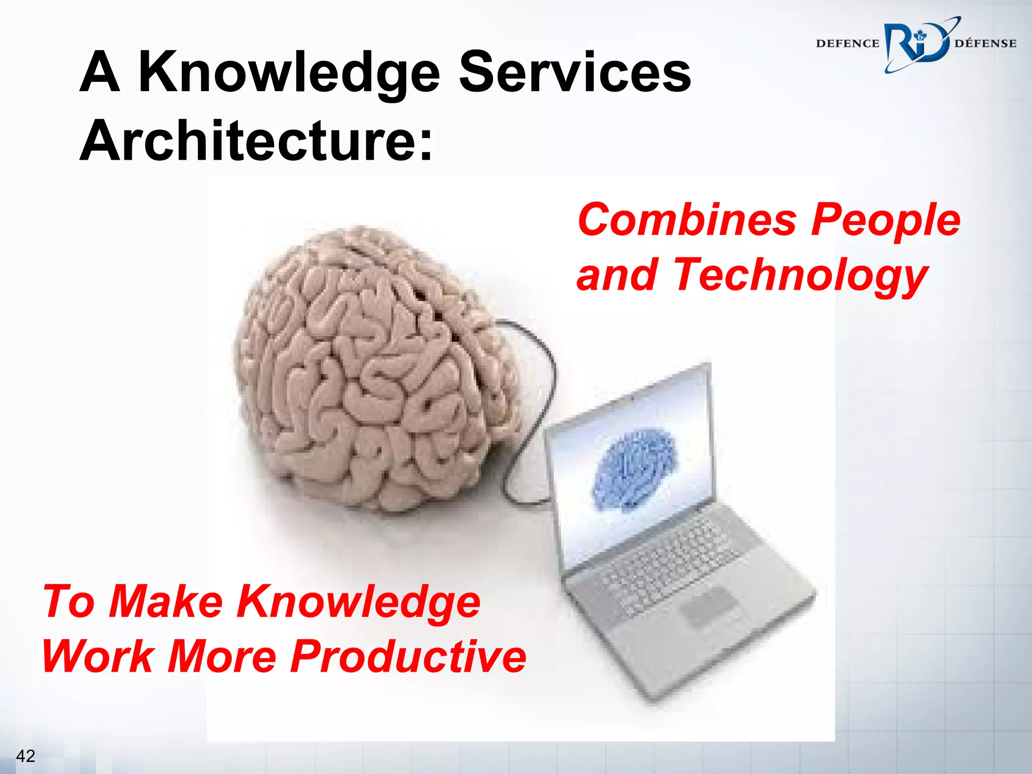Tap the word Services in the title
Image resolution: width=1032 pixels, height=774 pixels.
(575, 73)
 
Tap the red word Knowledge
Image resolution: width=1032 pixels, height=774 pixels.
(359, 603)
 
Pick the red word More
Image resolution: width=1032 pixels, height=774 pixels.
(222, 657)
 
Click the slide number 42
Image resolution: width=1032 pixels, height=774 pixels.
(26, 756)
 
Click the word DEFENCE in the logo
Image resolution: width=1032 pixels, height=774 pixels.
(847, 44)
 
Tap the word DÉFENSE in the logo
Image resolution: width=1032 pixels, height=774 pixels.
(985, 44)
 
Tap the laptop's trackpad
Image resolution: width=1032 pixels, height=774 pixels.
(708, 607)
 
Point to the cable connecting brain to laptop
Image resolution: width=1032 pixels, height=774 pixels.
(549, 368)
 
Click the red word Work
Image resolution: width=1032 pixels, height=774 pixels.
(98, 657)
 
